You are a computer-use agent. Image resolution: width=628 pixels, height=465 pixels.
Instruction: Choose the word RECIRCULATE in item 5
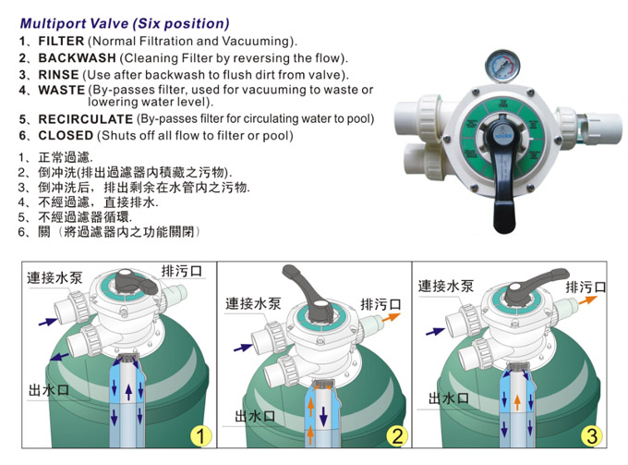[85, 120]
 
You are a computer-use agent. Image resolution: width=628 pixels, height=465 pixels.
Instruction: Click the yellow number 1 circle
[201, 436]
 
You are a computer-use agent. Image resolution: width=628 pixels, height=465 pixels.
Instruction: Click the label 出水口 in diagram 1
[48, 389]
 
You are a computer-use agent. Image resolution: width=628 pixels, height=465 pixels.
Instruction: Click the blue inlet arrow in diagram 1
[44, 321]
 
